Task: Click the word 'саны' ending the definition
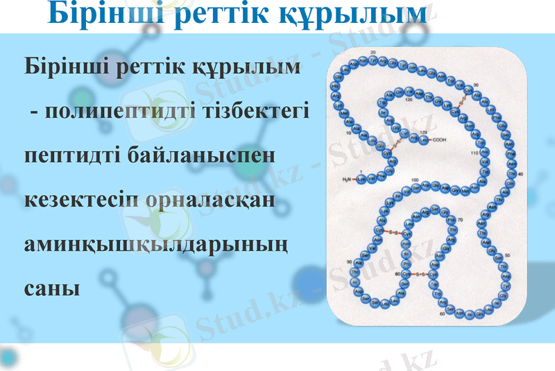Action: tap(52, 287)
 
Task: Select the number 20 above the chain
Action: tap(373, 53)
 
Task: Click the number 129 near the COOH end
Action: tap(423, 131)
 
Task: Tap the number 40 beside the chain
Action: tap(520, 173)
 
